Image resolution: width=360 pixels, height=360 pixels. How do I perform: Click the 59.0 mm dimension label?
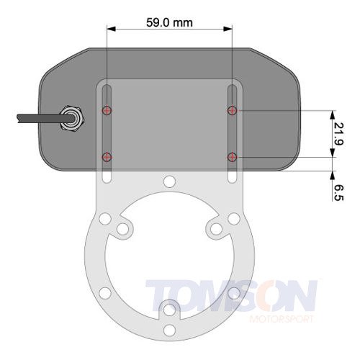(x=169, y=23)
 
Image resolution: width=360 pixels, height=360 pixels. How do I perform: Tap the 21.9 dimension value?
(x=338, y=134)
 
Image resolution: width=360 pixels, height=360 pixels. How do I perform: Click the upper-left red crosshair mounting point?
(x=107, y=110)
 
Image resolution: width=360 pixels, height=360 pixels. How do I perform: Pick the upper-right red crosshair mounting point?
(x=232, y=110)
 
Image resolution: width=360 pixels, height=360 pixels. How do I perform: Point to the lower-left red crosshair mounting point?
(x=107, y=157)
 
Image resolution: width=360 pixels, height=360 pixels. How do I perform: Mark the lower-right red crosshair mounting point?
(x=232, y=157)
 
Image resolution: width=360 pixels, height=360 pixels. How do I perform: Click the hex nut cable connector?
(x=72, y=118)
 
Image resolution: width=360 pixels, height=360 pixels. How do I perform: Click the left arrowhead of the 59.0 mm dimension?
(x=112, y=29)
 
